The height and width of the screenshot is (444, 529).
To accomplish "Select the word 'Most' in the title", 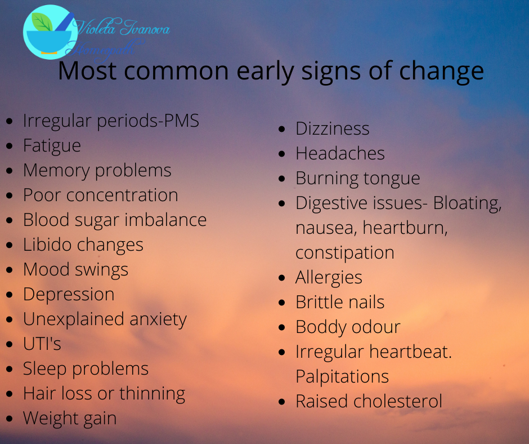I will click(x=87, y=72).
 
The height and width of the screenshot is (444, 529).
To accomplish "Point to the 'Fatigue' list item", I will click(x=52, y=145).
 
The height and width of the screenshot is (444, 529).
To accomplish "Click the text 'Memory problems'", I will click(x=97, y=170).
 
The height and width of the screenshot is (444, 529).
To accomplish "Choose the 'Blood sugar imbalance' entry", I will click(x=115, y=220).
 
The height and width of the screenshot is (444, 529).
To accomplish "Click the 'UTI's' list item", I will click(x=42, y=344).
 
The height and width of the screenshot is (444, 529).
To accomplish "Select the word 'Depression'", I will click(x=69, y=294).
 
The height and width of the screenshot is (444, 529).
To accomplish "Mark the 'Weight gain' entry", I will click(x=70, y=418).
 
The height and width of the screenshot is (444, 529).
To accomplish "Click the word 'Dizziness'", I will click(x=333, y=128).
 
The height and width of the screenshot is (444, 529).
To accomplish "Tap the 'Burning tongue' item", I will click(x=358, y=178).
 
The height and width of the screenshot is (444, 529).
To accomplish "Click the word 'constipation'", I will click(x=345, y=252).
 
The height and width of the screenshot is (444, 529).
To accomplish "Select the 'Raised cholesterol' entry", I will click(x=369, y=401).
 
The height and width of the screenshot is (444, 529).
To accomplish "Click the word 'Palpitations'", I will click(x=342, y=376).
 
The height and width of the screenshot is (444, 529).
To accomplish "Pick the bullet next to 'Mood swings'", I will click(x=10, y=270).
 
